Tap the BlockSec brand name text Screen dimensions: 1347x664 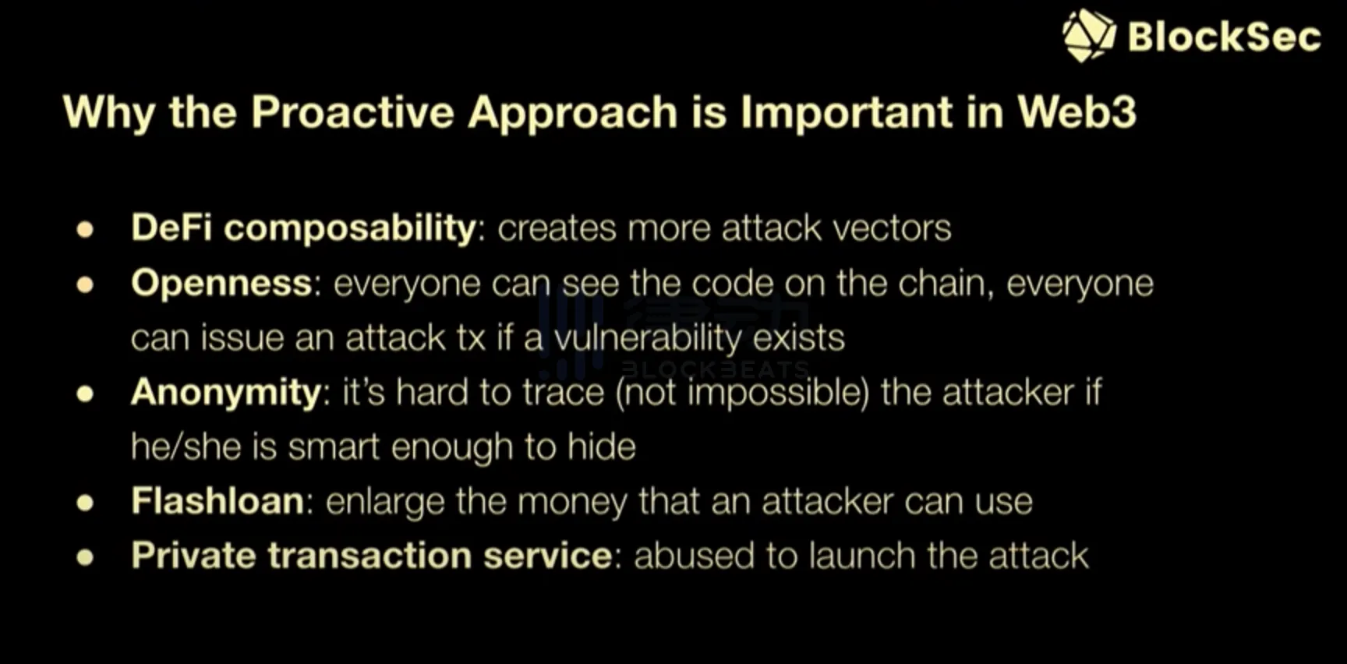coord(1225,37)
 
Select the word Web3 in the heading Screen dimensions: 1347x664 coord(1077,111)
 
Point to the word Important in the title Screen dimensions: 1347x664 coord(847,113)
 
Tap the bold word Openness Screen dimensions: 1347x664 coord(221,283)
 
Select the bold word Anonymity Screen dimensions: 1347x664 coord(226,393)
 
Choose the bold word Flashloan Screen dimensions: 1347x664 coord(217,500)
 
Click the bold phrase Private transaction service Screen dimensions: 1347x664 coord(371,556)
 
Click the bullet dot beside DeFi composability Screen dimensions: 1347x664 coord(85,230)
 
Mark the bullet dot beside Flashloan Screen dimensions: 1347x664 coord(85,503)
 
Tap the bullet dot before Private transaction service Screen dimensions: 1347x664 coord(85,557)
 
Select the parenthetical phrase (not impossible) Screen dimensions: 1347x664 coord(742,393)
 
